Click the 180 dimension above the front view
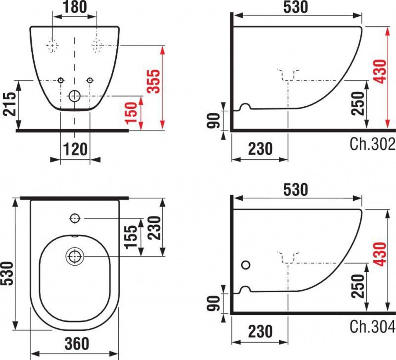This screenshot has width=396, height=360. point(75,7)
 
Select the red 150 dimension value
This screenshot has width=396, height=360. point(131,113)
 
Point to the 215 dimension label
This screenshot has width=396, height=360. point(9,104)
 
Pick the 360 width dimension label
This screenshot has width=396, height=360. point(77,343)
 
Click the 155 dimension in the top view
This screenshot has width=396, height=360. point(131,237)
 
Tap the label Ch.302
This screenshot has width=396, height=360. point(372,144)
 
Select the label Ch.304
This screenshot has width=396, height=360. point(372,326)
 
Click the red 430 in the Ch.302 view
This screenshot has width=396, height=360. point(379,72)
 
